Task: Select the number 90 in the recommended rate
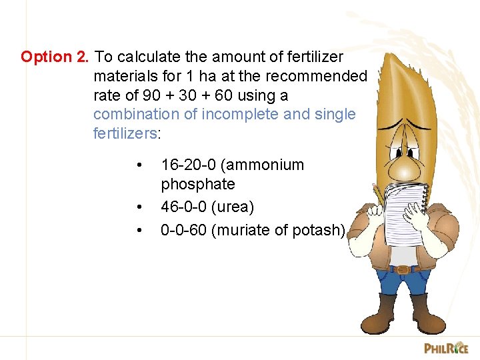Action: click(x=152, y=95)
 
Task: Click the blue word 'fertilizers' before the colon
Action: click(x=125, y=133)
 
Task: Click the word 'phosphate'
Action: click(x=197, y=184)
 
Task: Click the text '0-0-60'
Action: click(x=181, y=230)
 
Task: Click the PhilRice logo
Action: click(x=446, y=347)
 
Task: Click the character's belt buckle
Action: click(x=401, y=269)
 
